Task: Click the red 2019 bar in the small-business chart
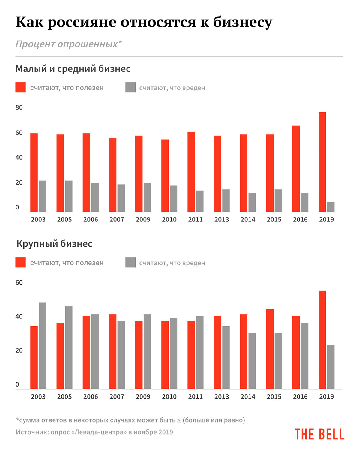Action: (322, 162)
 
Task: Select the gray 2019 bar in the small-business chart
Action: (331, 207)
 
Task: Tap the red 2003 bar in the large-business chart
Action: (34, 357)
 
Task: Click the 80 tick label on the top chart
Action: (19, 107)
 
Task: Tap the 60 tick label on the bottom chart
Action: (19, 282)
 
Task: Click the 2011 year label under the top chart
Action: (196, 220)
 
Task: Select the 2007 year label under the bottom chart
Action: (117, 397)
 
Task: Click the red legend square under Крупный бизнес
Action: (21, 262)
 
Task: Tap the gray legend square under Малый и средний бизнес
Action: (130, 87)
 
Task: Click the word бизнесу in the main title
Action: (243, 23)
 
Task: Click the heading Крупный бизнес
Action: (54, 244)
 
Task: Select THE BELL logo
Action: (319, 434)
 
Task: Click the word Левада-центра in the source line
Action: (99, 432)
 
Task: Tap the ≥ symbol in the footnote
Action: (179, 420)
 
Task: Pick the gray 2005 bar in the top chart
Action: (69, 196)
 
